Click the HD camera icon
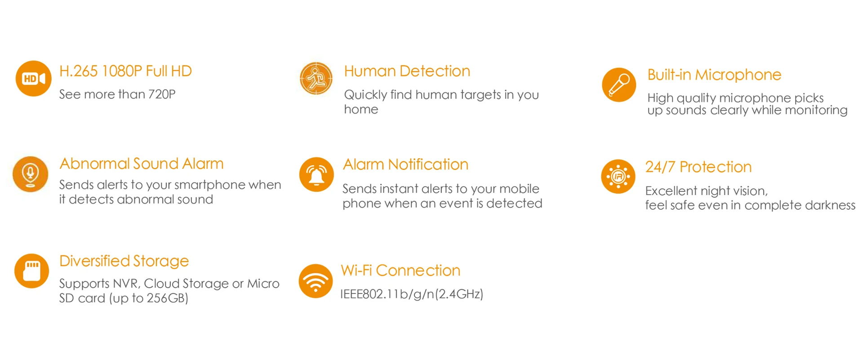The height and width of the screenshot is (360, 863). (x=34, y=79)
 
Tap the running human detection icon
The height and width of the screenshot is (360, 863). (x=316, y=79)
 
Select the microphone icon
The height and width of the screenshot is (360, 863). (x=619, y=85)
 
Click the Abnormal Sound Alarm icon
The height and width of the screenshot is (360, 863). (x=31, y=174)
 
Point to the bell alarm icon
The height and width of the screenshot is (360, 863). (x=316, y=174)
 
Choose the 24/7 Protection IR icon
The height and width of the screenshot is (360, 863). (x=618, y=177)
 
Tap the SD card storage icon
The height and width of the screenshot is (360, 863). (x=31, y=271)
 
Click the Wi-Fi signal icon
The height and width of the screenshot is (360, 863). (x=316, y=281)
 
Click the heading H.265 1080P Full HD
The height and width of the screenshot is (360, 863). (x=125, y=71)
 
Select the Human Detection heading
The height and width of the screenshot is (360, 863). (x=407, y=71)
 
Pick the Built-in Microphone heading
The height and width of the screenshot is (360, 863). (x=714, y=75)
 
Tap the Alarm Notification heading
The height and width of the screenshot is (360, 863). (x=405, y=164)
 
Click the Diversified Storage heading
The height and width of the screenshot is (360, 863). (x=124, y=261)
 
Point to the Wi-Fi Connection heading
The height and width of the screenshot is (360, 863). (x=400, y=271)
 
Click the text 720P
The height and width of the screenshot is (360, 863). (x=162, y=94)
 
